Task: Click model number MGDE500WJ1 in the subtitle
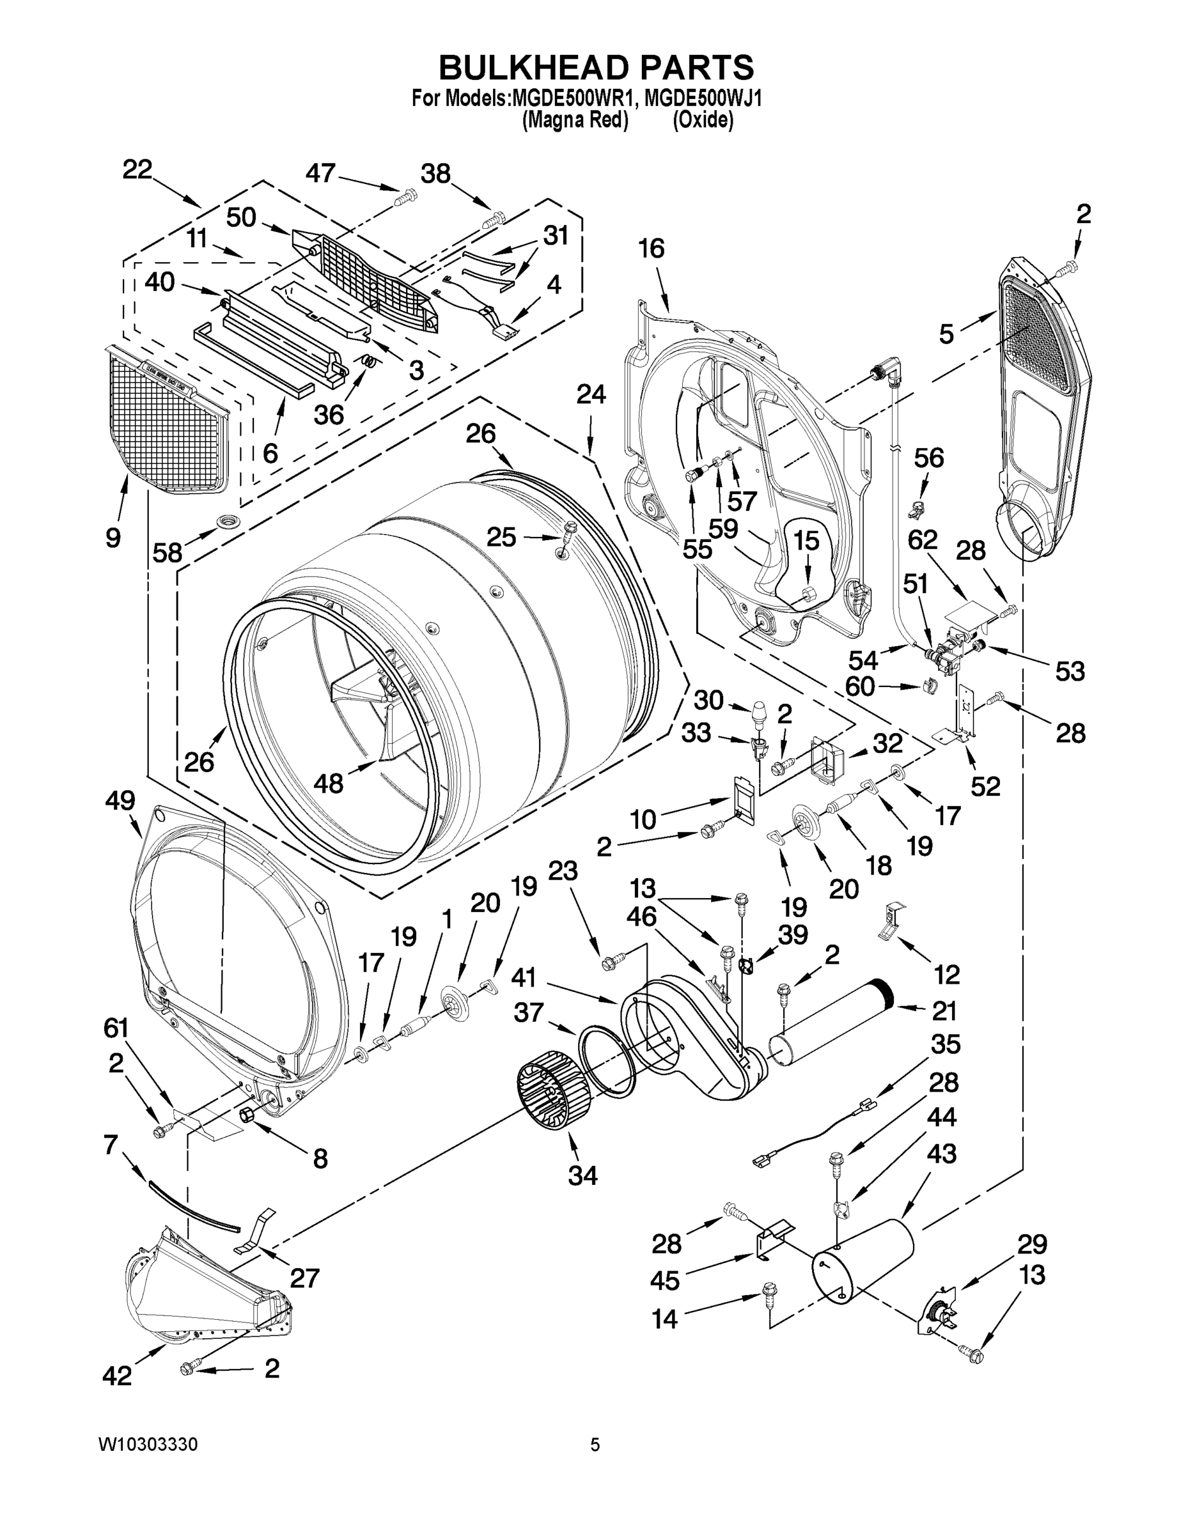[703, 98]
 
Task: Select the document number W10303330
[148, 1444]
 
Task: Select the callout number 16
[652, 249]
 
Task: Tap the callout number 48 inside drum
[328, 783]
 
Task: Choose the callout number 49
[120, 800]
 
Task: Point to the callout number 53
[1070, 672]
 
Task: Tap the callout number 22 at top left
[137, 170]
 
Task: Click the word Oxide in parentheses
[703, 121]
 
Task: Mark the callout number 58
[168, 553]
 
